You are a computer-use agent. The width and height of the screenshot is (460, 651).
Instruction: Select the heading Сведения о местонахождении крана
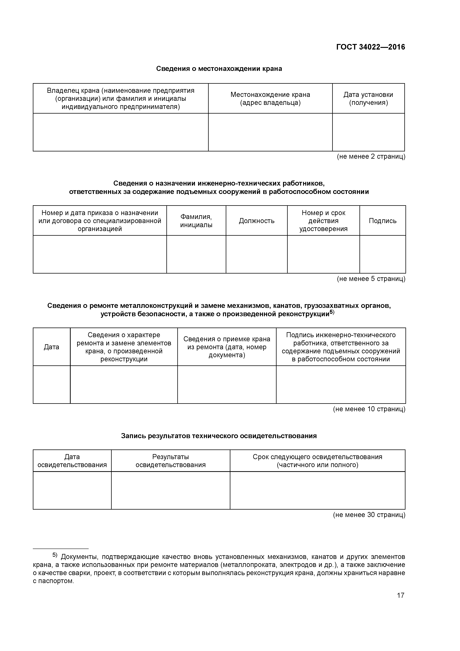[x=219, y=69]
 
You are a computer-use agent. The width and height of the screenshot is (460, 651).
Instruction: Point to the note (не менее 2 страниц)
[x=371, y=156]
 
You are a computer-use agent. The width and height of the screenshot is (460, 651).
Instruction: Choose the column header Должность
[x=257, y=221]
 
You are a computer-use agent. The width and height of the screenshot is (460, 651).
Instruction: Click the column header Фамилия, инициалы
[x=196, y=221]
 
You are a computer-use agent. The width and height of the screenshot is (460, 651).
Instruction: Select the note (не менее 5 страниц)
[x=371, y=279]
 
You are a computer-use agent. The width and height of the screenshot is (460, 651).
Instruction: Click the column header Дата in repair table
[x=51, y=347]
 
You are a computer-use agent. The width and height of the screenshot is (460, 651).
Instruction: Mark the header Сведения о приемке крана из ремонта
[x=227, y=347]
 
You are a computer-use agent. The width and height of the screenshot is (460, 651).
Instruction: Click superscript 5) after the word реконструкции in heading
[x=332, y=313]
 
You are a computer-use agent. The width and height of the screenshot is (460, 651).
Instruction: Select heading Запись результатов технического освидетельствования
[x=219, y=436]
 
